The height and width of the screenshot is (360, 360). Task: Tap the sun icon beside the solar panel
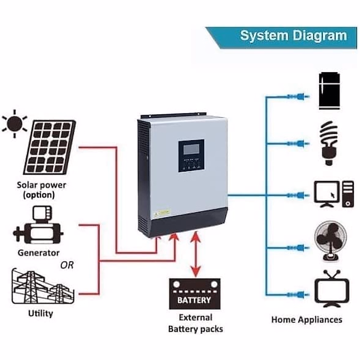point(15,123)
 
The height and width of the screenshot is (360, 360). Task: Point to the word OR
point(67,265)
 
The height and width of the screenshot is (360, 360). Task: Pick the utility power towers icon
point(42,286)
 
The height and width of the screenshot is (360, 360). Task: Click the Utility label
point(40,313)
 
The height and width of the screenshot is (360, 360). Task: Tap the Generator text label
point(38,253)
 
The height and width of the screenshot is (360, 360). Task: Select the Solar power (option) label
point(41,190)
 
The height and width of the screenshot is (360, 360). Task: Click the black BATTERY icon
point(195,294)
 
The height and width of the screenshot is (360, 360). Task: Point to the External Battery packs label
point(195,323)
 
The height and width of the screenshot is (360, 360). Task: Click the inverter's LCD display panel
point(191,148)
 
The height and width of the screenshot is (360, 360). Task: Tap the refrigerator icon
point(329,91)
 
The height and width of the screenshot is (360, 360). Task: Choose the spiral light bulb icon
point(328,142)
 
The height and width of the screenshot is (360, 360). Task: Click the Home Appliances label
point(307,319)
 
